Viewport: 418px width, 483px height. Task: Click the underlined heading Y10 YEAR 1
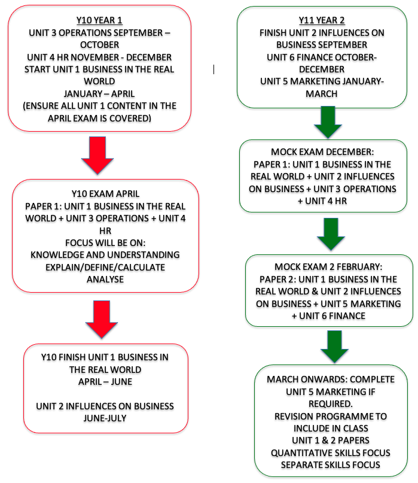pos(99,20)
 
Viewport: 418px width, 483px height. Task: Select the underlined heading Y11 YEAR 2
pos(322,20)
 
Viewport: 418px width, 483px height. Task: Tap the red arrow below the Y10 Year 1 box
pos(97,155)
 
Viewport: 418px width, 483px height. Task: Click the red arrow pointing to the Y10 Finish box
pos(102,320)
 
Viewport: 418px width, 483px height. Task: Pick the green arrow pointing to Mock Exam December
pos(328,122)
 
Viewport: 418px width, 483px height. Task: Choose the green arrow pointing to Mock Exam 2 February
pos(331,234)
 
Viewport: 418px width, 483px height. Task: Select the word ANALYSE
pos(105,280)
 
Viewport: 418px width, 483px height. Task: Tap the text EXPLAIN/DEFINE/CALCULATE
pos(105,268)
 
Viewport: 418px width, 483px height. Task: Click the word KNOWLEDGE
pos(57,255)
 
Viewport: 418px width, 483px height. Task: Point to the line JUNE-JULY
pos(105,418)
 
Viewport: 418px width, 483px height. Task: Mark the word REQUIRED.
pos(331,404)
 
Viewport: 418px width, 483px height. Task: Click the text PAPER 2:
pos(277,280)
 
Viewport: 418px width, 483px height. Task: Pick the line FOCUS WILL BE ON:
pos(105,243)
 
